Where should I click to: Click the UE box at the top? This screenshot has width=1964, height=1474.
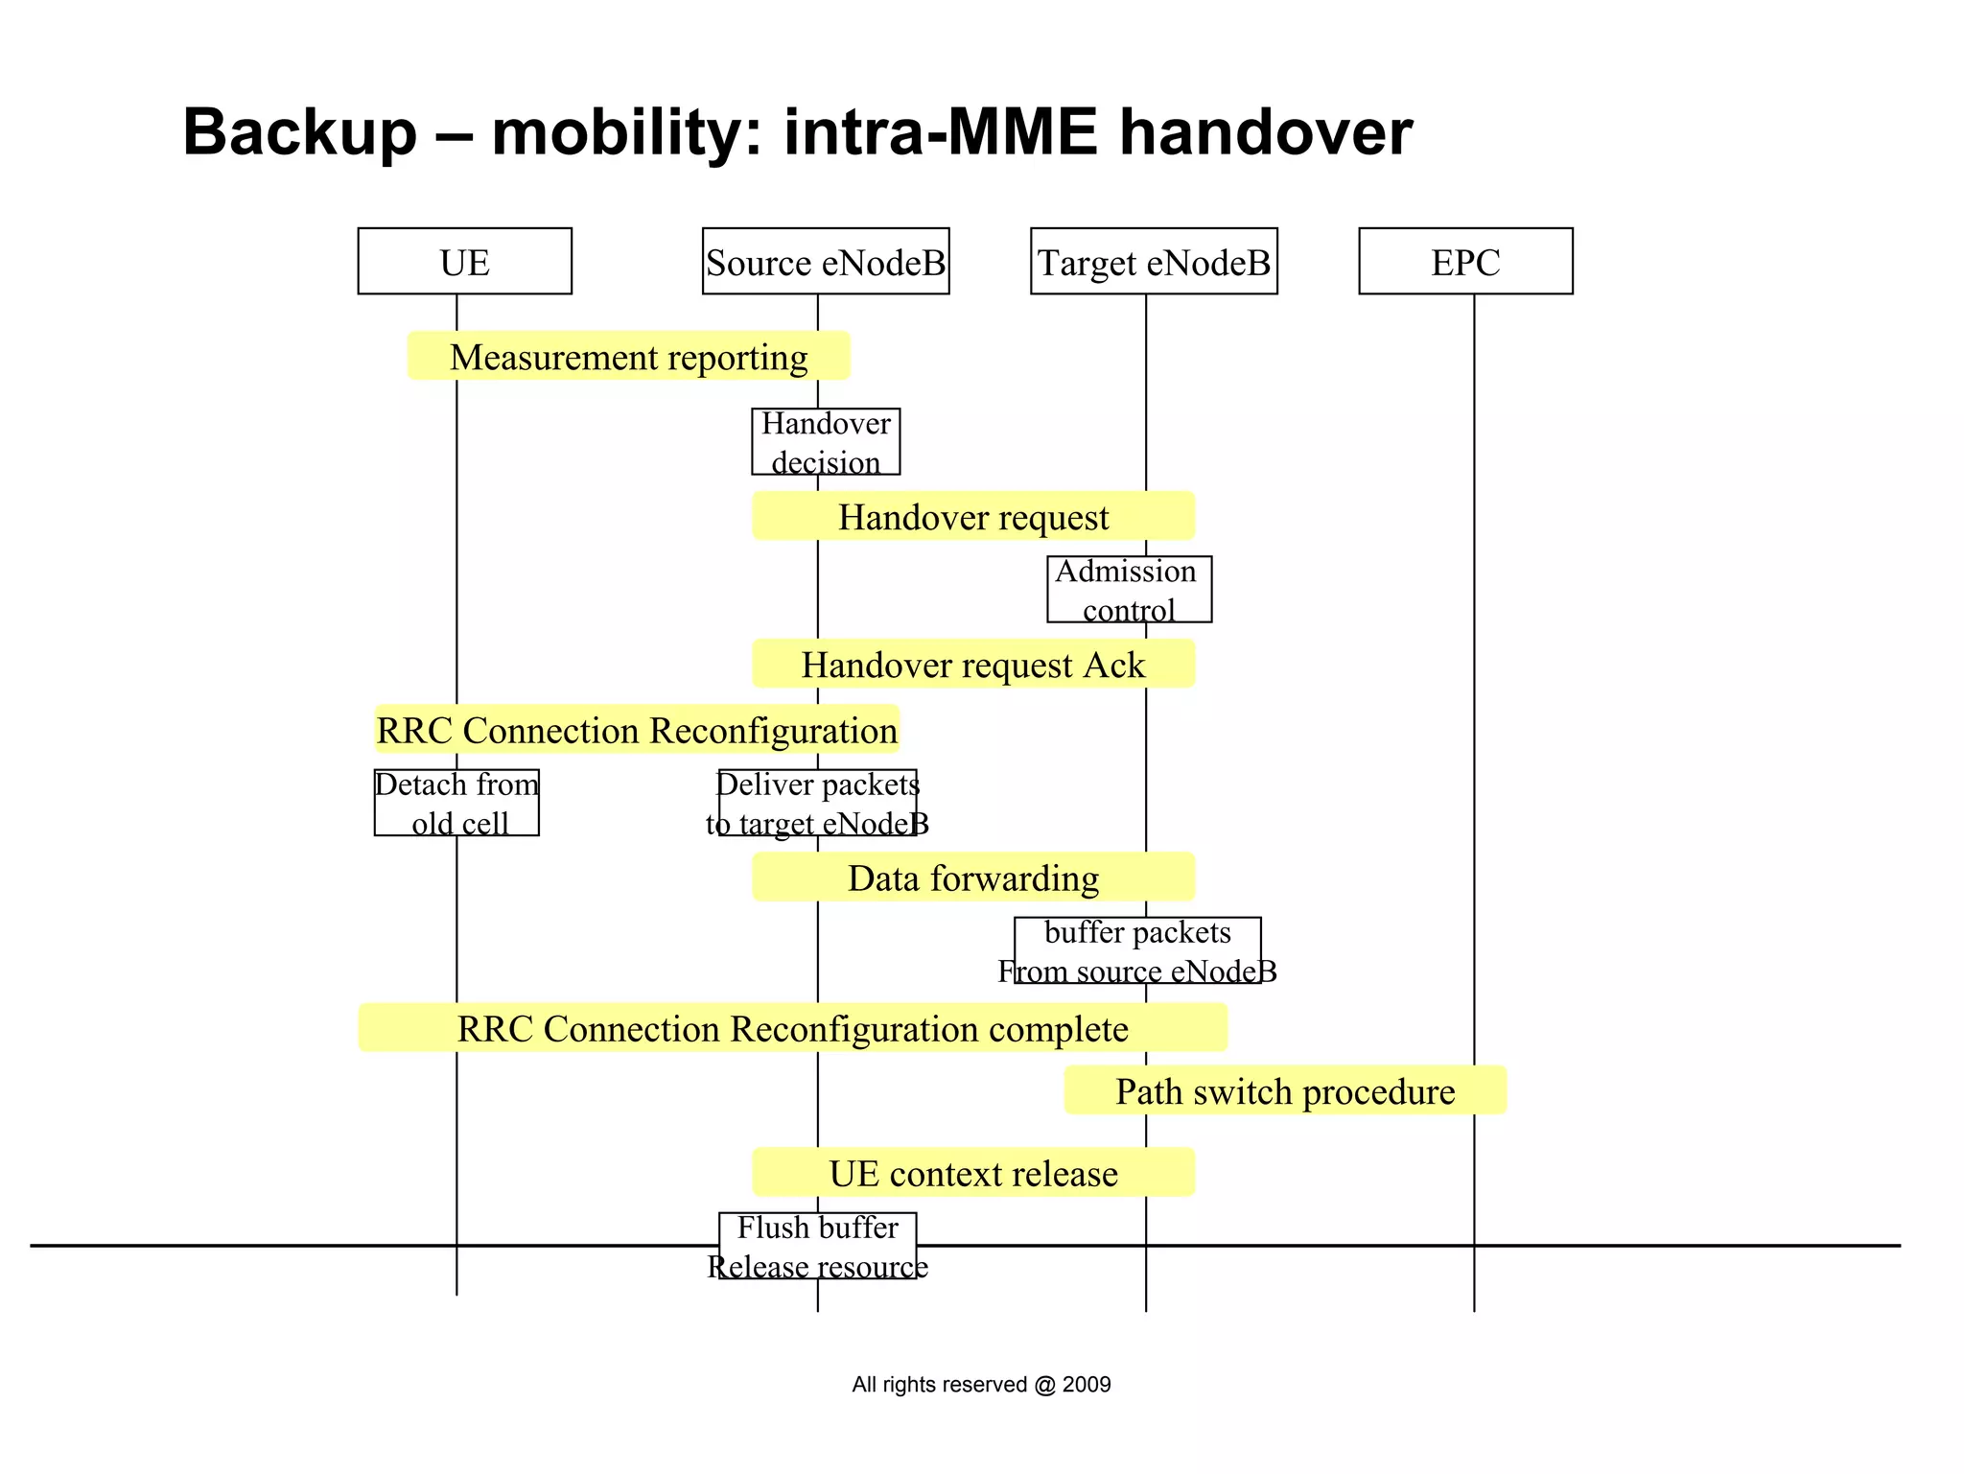click(464, 261)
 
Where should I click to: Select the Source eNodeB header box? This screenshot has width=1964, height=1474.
click(825, 261)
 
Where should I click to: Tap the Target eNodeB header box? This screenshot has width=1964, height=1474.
click(1153, 261)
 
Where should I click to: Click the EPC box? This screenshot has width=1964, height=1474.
click(1464, 261)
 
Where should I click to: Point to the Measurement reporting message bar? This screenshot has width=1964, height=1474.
click(628, 357)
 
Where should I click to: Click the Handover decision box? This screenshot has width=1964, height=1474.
click(825, 441)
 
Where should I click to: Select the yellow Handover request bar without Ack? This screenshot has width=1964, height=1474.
click(972, 517)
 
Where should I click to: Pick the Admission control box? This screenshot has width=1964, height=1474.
click(1128, 589)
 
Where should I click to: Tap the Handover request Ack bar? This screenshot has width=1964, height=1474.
click(972, 664)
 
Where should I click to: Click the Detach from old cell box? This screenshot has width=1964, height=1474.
click(456, 803)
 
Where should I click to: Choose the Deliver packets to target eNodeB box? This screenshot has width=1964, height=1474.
click(817, 803)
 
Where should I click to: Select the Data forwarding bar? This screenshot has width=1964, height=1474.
click(972, 877)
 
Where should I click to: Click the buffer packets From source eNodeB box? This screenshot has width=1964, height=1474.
click(1136, 950)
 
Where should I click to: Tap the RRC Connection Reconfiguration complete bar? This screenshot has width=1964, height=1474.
click(792, 1028)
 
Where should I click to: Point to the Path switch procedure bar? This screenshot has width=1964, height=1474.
click(1284, 1090)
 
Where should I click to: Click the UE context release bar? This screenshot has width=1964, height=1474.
click(972, 1173)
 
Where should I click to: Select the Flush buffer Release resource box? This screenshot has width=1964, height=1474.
click(817, 1246)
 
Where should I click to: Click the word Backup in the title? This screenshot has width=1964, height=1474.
click(299, 132)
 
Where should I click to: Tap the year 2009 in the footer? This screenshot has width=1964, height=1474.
click(1087, 1384)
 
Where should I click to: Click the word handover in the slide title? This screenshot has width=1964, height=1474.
click(1265, 132)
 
